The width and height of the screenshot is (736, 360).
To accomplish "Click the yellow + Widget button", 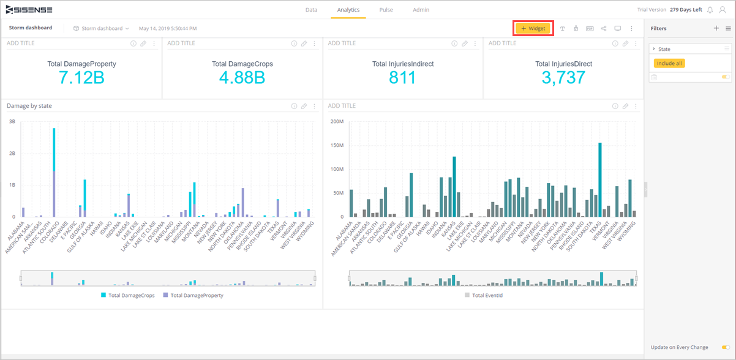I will (x=533, y=28).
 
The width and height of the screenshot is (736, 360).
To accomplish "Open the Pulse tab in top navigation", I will (x=386, y=10).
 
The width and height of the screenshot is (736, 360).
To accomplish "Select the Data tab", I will (x=311, y=10).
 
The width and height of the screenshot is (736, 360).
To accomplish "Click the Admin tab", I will (x=421, y=10).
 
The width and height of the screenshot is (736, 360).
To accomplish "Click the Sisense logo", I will (x=29, y=10).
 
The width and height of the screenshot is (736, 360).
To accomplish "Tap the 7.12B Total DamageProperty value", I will (x=81, y=77).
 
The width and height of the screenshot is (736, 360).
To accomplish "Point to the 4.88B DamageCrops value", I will (x=242, y=77).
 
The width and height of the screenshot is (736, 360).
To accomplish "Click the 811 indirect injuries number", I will (x=402, y=77).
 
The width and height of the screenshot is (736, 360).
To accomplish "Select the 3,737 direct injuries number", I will (x=563, y=77).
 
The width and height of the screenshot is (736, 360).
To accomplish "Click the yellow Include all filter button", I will (x=669, y=63).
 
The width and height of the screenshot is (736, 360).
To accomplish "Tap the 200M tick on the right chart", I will (x=337, y=121).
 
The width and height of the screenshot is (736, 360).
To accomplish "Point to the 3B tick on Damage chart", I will (x=12, y=121).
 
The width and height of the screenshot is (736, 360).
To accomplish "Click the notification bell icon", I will (x=710, y=10).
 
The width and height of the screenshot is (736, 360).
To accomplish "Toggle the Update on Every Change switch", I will (x=726, y=347).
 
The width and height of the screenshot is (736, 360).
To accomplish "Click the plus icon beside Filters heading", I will (x=716, y=28).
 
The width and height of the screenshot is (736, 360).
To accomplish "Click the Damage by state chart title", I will (x=29, y=106).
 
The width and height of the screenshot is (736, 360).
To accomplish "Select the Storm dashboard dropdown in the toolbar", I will (x=101, y=28).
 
